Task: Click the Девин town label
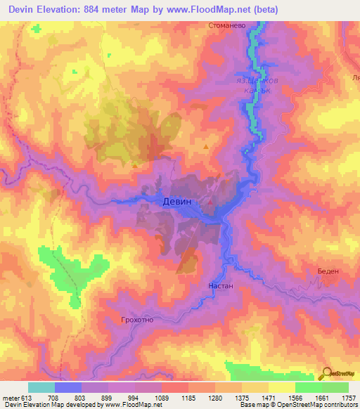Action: [x=176, y=201]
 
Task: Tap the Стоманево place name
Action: [x=226, y=26]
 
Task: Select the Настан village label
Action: [x=221, y=287]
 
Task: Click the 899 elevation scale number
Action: [x=108, y=398]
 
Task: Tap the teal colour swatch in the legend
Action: [x=41, y=387]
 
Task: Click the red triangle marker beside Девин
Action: [x=209, y=202]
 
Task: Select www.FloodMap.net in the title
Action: [x=210, y=10]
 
